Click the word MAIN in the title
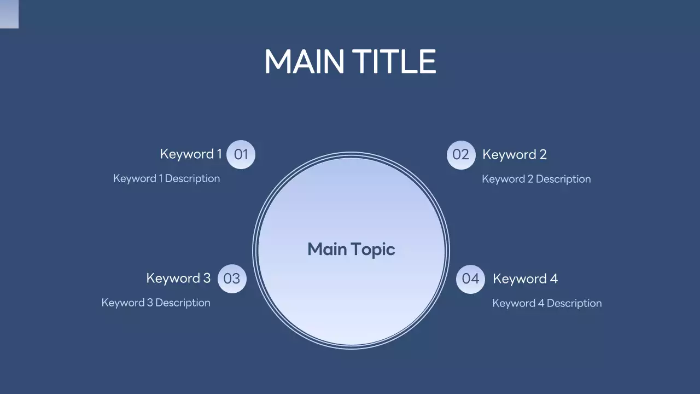click(x=304, y=61)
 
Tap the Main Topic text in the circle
click(x=351, y=250)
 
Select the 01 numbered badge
click(x=241, y=154)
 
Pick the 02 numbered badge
click(x=461, y=155)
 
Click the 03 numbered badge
click(x=232, y=279)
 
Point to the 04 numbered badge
click(x=470, y=279)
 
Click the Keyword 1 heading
click(x=191, y=154)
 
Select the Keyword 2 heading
click(x=514, y=155)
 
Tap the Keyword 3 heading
click(x=178, y=279)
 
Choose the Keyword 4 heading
click(x=525, y=279)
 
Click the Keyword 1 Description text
click(x=166, y=178)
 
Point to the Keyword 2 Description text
click(x=536, y=179)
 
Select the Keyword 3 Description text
click(x=156, y=303)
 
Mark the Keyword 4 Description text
click(x=547, y=303)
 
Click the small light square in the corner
click(x=9, y=14)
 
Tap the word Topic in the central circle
click(x=373, y=250)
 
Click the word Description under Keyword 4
click(x=574, y=303)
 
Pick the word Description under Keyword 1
click(x=192, y=178)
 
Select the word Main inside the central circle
click(x=327, y=250)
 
